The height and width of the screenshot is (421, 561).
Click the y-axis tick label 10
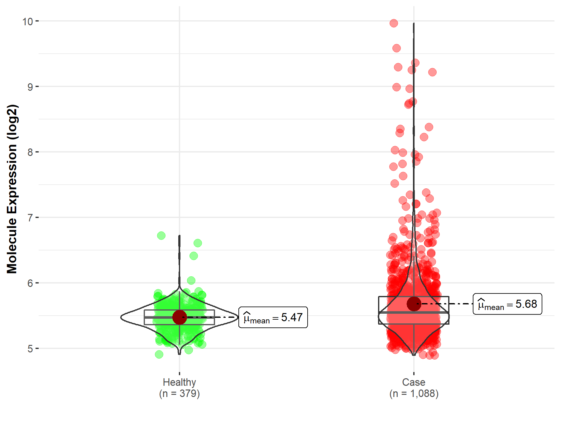27,22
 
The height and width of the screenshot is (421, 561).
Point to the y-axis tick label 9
30,87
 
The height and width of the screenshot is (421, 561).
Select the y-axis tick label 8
30,152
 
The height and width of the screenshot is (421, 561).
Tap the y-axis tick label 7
30,218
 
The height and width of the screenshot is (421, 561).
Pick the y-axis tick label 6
30,283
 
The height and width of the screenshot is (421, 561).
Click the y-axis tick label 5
30,349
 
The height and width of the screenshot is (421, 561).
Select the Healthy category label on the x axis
179,382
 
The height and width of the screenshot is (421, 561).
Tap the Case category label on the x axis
414,382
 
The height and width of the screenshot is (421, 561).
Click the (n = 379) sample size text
179,394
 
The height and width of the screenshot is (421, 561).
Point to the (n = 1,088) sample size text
414,394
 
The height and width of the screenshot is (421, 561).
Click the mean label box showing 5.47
273,317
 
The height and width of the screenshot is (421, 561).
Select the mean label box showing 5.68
507,304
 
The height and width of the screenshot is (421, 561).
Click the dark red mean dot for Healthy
180,317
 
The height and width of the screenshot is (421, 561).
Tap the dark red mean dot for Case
414,304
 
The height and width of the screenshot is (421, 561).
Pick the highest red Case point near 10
394,23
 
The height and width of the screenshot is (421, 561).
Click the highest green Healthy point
161,236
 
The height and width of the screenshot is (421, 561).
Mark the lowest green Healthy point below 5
159,354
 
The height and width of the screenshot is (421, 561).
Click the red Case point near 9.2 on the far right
432,72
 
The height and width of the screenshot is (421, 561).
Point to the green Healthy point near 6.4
194,256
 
